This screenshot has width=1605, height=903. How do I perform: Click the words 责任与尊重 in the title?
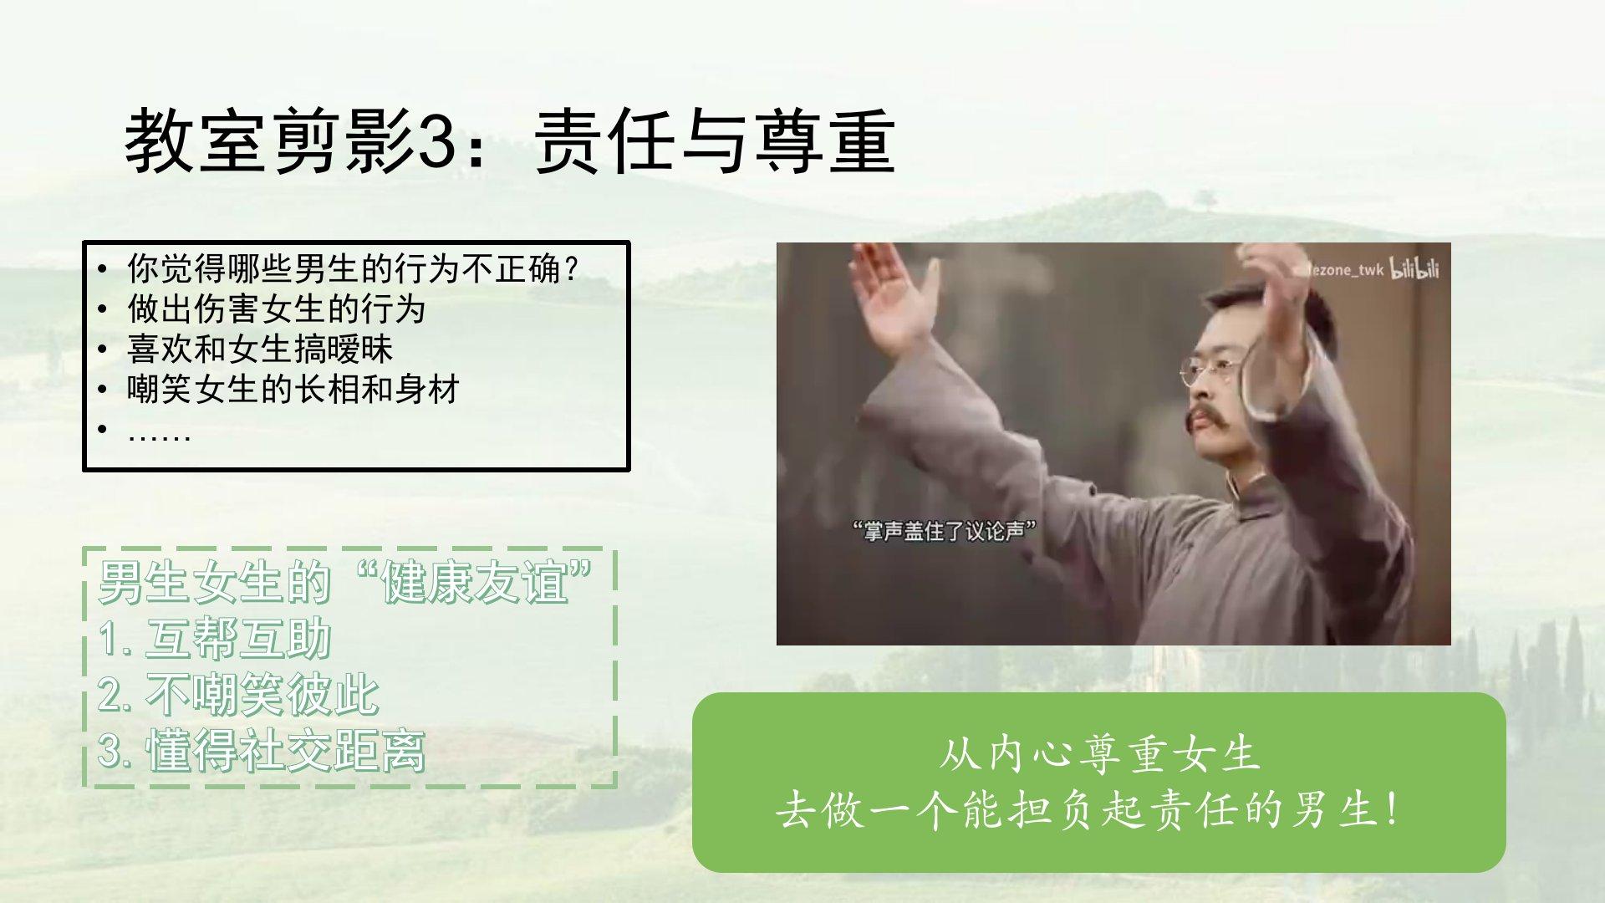[716, 142]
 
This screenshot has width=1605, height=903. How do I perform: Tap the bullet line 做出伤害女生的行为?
[277, 309]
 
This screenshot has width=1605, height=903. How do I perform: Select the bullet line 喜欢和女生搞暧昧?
[260, 349]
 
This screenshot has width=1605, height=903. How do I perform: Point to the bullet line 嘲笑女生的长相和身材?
[293, 390]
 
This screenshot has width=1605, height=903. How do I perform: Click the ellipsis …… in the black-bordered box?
[160, 435]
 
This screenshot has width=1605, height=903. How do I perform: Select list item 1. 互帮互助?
[215, 639]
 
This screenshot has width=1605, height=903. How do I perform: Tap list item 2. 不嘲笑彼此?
[238, 695]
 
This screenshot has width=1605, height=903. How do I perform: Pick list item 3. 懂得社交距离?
[262, 751]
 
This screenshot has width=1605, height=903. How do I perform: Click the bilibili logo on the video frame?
[1414, 268]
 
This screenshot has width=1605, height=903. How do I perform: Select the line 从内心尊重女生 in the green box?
[1098, 755]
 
